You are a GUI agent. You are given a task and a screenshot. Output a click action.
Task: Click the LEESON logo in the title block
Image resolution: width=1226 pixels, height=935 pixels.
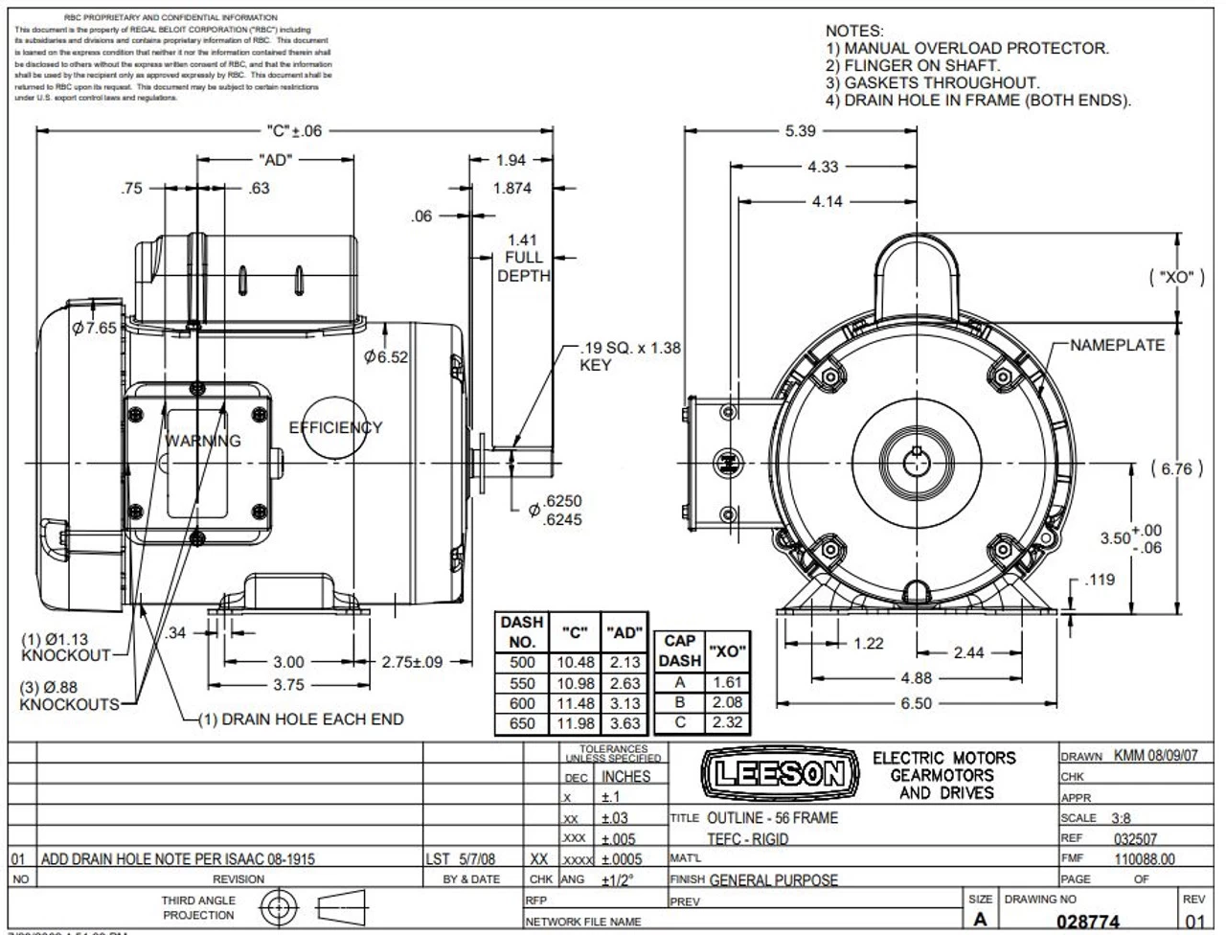[776, 773]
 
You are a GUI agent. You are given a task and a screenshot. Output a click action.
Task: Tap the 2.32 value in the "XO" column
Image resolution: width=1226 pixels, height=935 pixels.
[727, 722]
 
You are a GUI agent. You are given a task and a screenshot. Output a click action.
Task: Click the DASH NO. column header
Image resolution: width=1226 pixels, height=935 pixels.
[522, 632]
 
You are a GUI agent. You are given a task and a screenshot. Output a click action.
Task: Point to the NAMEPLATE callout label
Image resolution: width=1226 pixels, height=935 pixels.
[1117, 345]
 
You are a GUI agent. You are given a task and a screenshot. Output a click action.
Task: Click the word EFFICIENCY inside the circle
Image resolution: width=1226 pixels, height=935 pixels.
[335, 427]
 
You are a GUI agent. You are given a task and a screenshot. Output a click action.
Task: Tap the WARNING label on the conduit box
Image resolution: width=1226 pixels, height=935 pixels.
[203, 441]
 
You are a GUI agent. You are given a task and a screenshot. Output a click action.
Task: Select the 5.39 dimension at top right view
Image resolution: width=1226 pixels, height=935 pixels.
[800, 131]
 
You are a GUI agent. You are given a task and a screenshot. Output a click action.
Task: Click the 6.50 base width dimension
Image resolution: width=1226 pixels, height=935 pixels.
[916, 703]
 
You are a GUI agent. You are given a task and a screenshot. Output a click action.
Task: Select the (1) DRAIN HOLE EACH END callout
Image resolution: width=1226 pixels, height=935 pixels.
[300, 719]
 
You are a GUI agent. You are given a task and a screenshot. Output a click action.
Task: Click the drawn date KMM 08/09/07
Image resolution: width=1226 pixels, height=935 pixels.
[1155, 755]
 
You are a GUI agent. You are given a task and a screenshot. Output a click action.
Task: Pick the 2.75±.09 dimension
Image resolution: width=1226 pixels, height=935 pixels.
[412, 662]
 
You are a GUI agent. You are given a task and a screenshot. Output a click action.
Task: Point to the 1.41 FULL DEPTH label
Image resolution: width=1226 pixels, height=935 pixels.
[523, 258]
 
